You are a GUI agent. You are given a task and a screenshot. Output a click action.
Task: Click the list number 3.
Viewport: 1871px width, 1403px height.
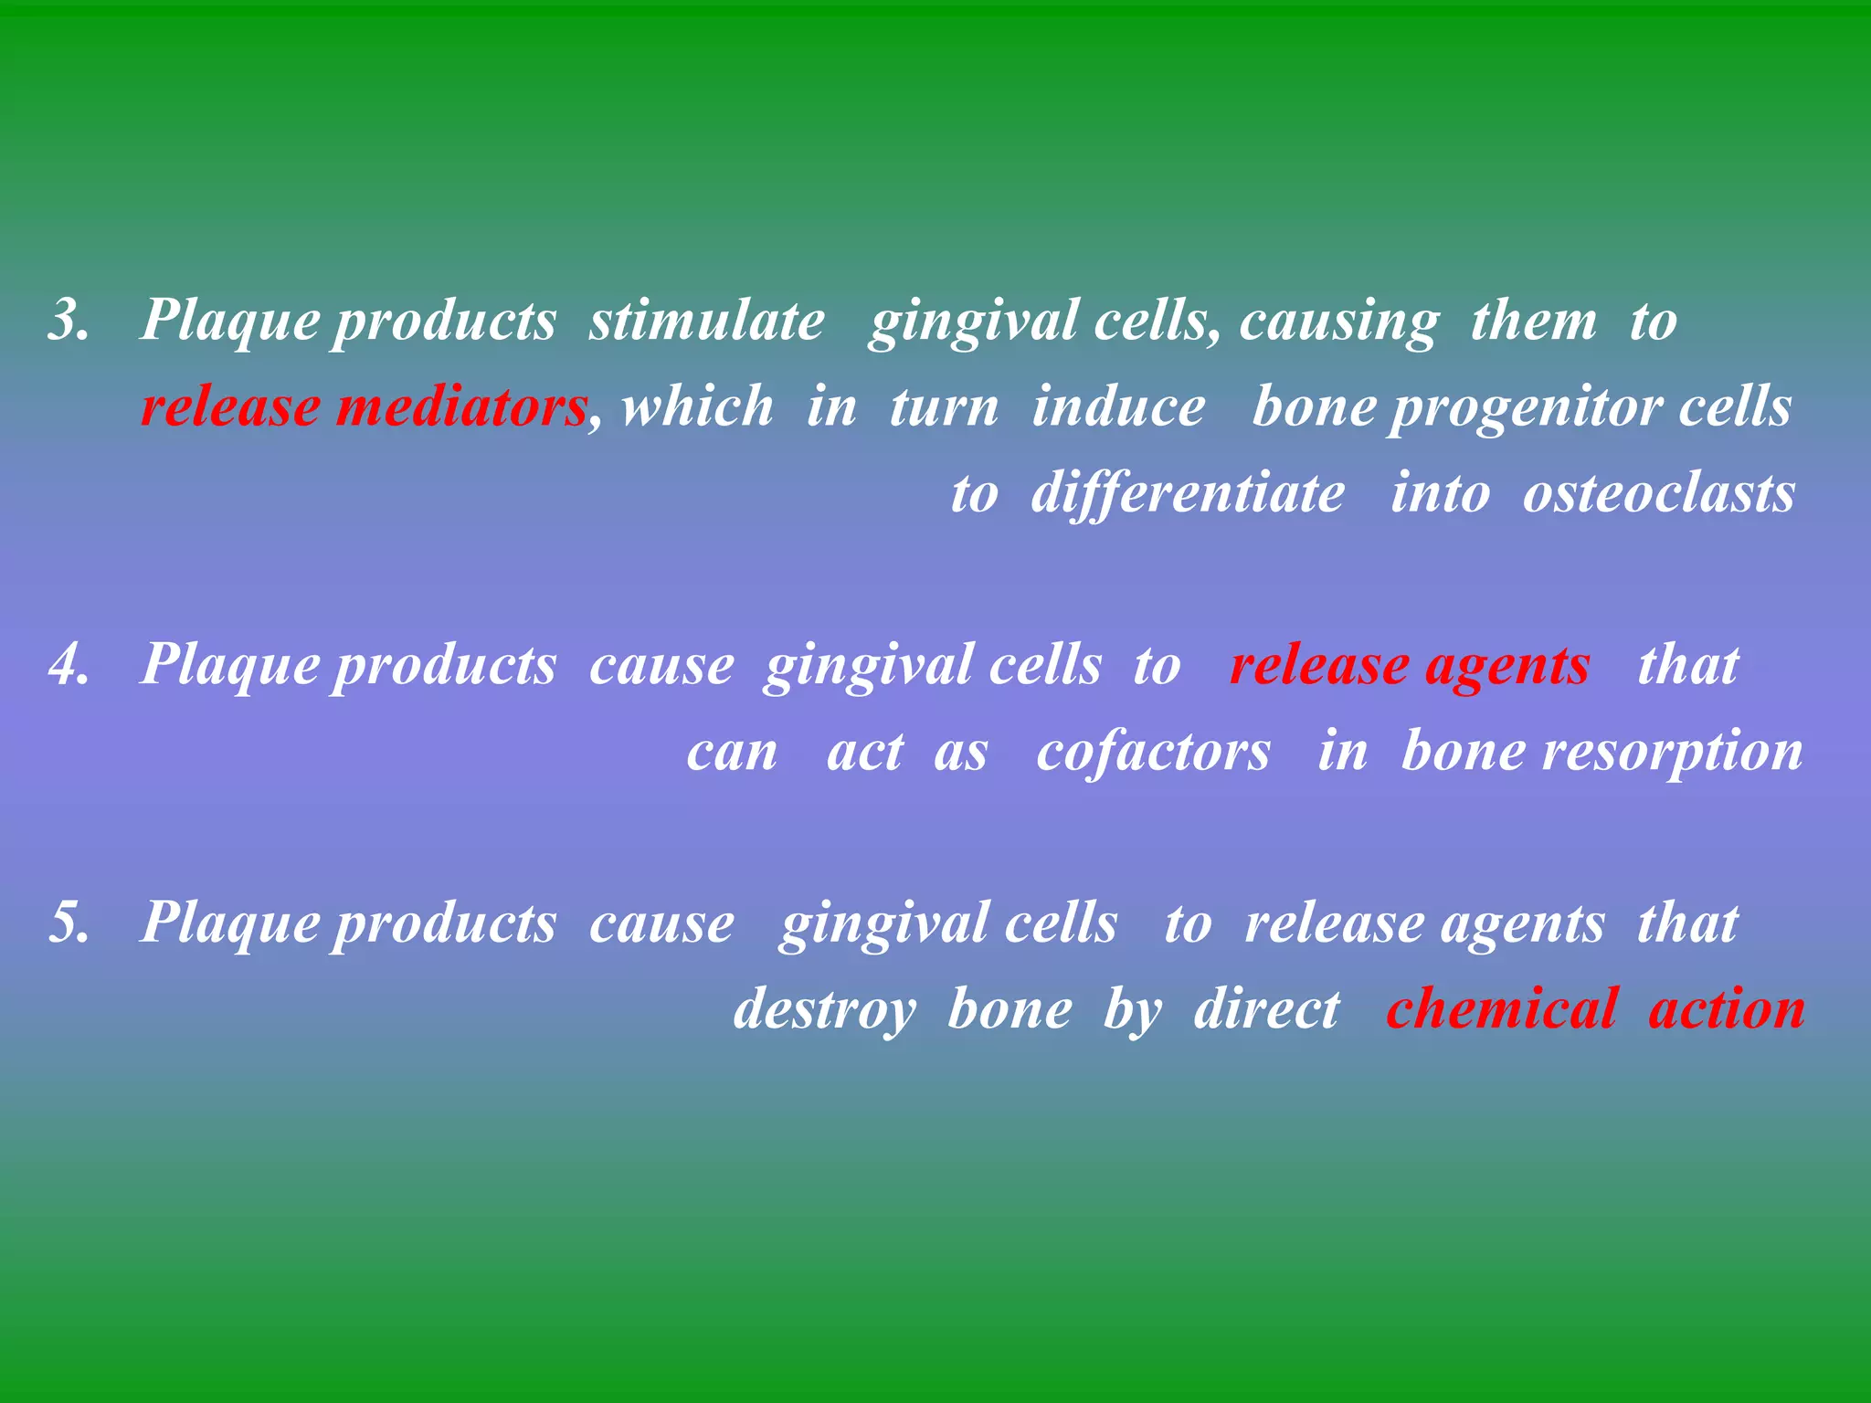pos(69,322)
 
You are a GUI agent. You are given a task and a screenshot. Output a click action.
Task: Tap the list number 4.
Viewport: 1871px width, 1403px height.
pos(69,665)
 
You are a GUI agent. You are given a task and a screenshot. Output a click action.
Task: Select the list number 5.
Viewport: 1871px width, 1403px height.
pos(69,923)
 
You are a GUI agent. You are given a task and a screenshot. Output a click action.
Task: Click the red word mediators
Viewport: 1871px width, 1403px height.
pos(460,407)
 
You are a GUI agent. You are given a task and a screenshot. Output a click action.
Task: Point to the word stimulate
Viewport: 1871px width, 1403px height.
pos(706,322)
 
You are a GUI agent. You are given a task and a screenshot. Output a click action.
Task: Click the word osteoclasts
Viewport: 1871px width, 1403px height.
pos(1659,494)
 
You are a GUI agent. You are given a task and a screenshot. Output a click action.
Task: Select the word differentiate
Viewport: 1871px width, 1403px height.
pos(1188,494)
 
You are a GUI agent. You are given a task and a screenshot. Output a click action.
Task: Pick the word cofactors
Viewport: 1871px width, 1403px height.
pos(1153,753)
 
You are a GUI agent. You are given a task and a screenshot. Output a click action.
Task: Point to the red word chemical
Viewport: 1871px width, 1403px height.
pos(1503,1010)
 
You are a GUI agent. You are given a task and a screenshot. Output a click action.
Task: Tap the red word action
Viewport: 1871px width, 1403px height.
pos(1727,1010)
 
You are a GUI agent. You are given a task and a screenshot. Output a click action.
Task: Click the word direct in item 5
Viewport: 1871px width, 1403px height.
pos(1267,1010)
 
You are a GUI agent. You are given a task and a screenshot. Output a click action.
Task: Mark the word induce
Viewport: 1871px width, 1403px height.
pos(1118,407)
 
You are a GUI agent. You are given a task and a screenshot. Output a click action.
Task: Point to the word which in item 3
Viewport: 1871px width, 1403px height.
pos(697,407)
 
